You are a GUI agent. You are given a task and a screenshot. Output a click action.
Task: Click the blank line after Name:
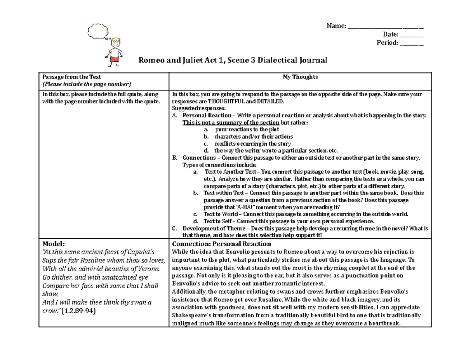click(x=385, y=26)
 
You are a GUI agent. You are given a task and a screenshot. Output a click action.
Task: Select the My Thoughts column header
click(x=300, y=77)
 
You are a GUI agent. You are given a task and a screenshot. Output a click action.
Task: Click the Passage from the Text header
click(x=72, y=77)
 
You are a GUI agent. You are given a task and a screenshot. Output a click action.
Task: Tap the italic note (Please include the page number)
click(x=87, y=84)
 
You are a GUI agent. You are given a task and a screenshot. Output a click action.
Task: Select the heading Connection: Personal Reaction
click(x=221, y=243)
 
